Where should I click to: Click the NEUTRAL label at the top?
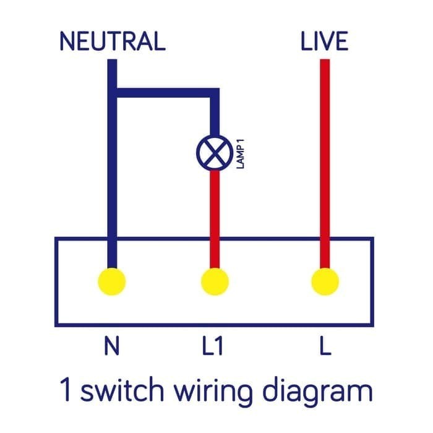[x=112, y=41]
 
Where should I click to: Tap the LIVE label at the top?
[x=324, y=41]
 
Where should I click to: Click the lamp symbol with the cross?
[x=215, y=152]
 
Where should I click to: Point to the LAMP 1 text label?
[x=242, y=155]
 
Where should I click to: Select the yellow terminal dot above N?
[x=112, y=282]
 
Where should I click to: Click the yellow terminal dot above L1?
[x=215, y=282]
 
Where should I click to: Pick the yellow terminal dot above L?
[x=324, y=282]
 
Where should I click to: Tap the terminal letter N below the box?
[x=112, y=347]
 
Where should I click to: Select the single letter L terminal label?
[x=325, y=347]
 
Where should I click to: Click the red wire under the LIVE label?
[x=324, y=155]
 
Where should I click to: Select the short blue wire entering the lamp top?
[x=215, y=118]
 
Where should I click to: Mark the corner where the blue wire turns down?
[x=215, y=93]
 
